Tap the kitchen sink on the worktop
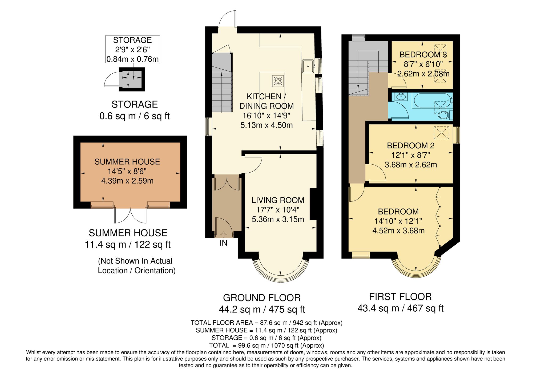click(308, 66)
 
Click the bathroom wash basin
click(401, 97)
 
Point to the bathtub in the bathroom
click(432, 100)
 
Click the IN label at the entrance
click(223, 243)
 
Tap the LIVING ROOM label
click(278, 200)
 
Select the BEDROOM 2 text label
click(410, 146)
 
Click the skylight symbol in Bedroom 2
click(441, 133)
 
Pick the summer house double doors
click(130, 215)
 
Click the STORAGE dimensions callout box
click(132, 49)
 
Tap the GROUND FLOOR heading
click(262, 298)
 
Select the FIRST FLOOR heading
click(400, 297)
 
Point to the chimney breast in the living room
click(313, 204)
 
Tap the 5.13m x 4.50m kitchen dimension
click(266, 125)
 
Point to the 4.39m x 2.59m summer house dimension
click(127, 181)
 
